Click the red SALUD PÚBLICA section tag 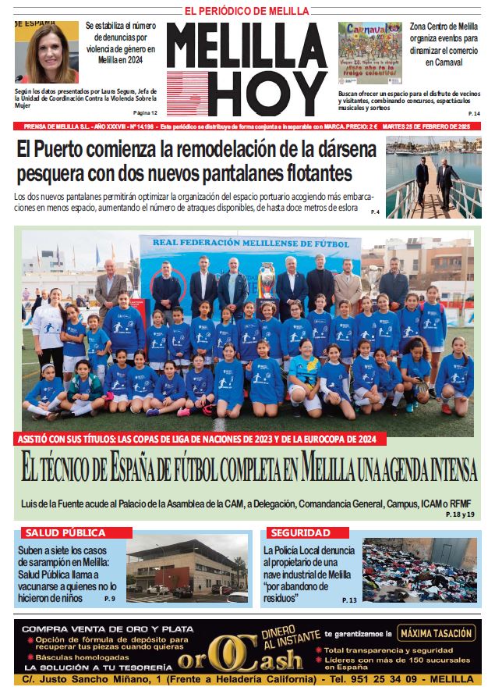click(65, 532)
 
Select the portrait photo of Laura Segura click(47, 52)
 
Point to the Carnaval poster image click(370, 52)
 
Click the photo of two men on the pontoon click(433, 178)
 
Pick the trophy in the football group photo click(267, 280)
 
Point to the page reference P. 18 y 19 click(460, 514)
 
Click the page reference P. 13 click(349, 600)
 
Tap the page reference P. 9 click(109, 598)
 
